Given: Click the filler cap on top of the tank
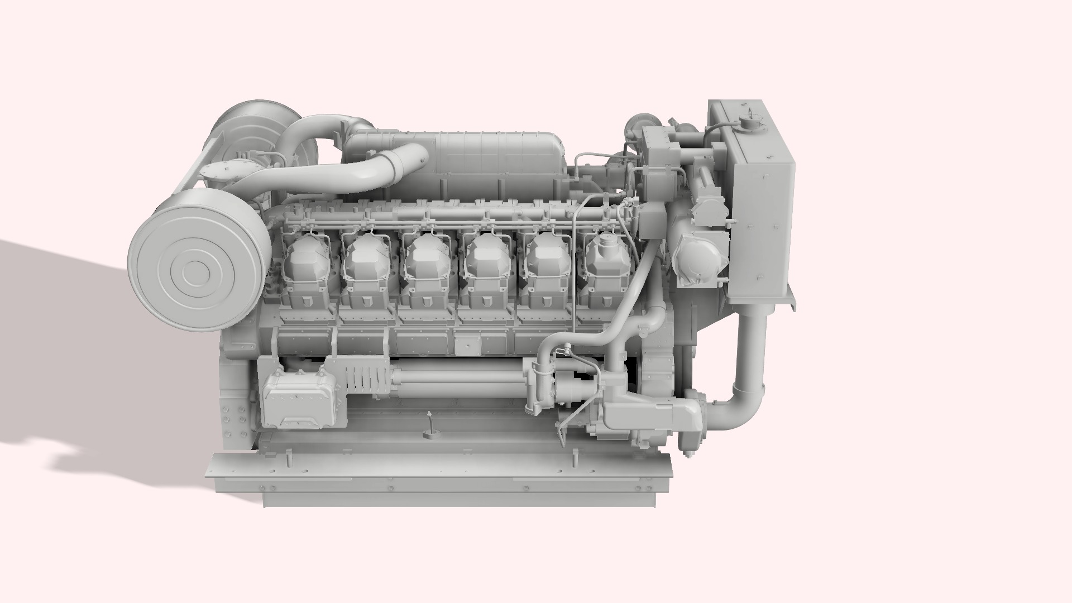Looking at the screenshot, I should coord(748,122).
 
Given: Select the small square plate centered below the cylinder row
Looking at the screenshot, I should coord(463,346).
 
